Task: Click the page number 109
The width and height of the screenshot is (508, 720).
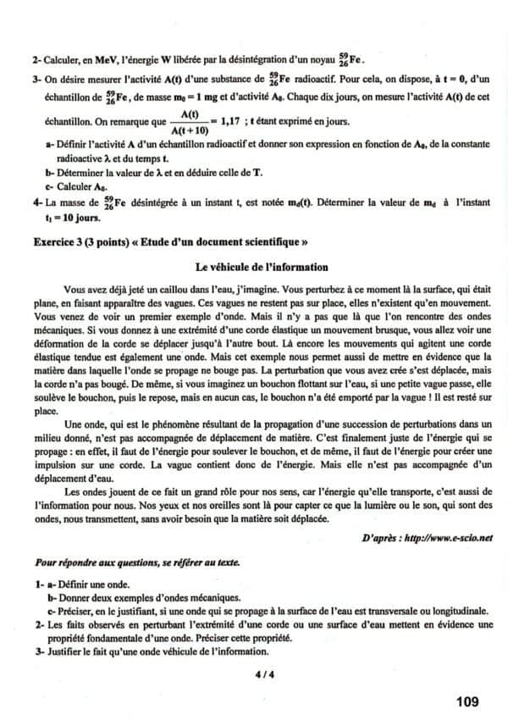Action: (x=467, y=701)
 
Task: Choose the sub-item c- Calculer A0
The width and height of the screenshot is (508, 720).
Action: (x=77, y=185)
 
